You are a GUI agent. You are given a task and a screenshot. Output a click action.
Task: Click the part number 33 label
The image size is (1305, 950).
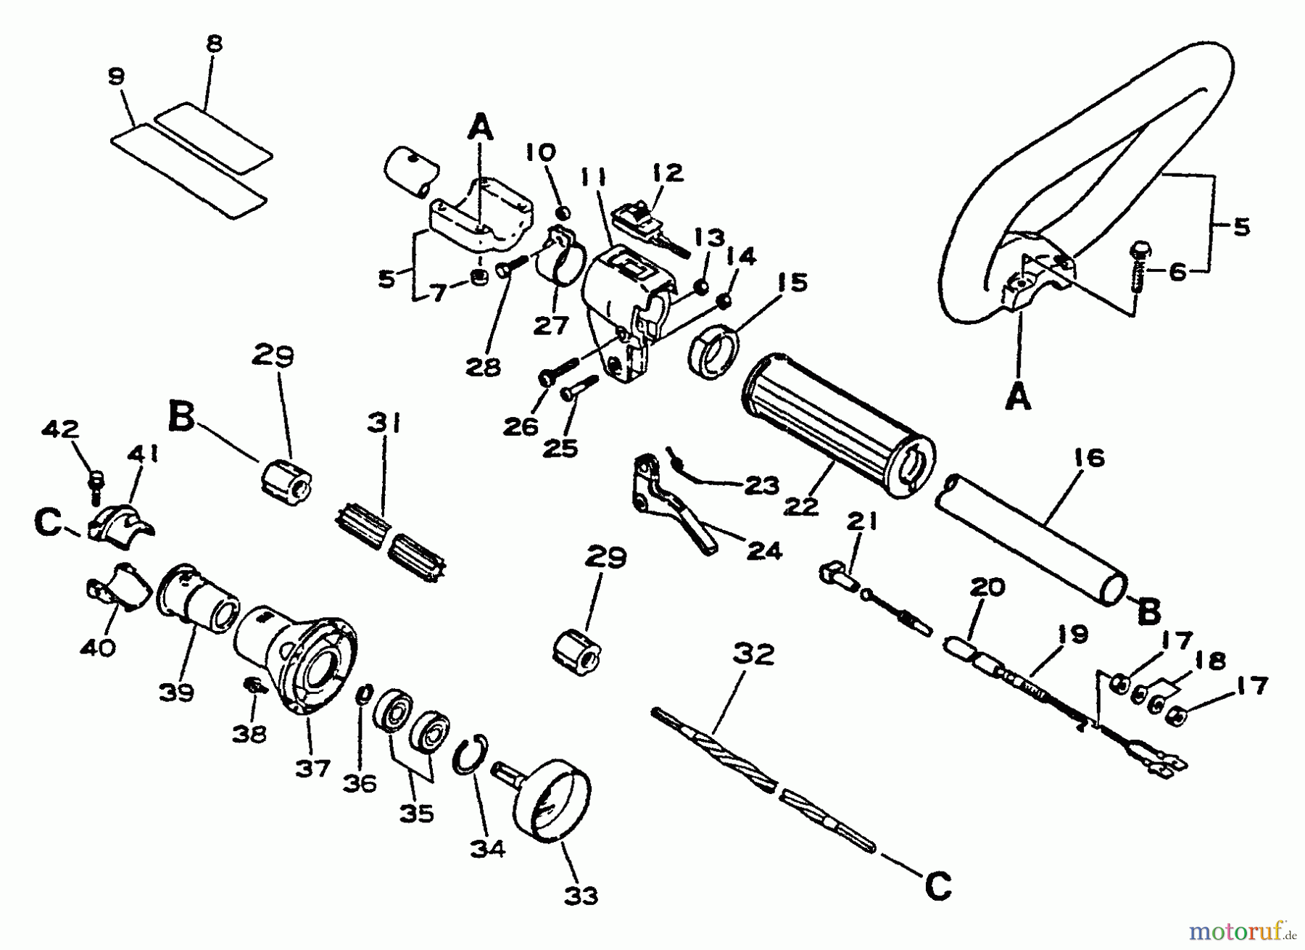(581, 896)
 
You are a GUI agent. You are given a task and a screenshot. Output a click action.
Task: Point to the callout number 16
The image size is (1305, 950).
(1085, 458)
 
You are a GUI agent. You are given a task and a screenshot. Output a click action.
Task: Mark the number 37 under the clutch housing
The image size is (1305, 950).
(312, 767)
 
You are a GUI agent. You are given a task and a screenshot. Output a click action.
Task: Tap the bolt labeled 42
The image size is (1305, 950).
(94, 482)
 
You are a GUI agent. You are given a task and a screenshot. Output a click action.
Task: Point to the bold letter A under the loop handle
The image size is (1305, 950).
(1019, 397)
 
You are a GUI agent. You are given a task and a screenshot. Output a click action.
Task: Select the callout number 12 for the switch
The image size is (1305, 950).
(667, 173)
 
